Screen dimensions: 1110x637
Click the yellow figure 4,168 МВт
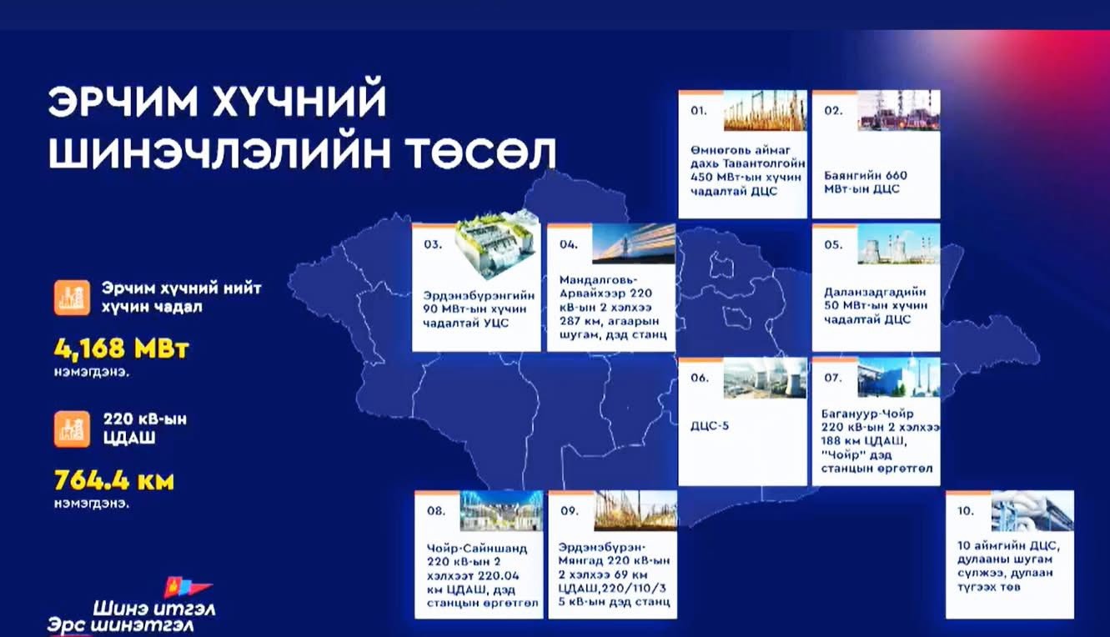[x=122, y=349]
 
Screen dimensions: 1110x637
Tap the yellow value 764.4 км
[x=114, y=481]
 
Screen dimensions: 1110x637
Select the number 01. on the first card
[x=699, y=111]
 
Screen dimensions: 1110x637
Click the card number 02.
[x=833, y=111]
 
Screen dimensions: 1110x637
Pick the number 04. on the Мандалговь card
[x=569, y=244]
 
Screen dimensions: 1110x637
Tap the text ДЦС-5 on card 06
[x=710, y=426]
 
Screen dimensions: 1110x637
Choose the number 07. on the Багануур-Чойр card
[x=833, y=378]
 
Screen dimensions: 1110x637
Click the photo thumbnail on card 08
[x=501, y=511]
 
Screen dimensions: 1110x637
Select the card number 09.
[x=570, y=511]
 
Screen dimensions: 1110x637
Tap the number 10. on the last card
[x=966, y=511]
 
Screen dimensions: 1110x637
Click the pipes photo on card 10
[x=1032, y=511]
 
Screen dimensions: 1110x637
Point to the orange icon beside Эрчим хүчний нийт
[x=73, y=298]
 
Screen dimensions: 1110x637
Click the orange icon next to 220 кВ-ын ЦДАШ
[x=73, y=429]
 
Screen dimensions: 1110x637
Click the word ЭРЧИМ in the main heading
[x=123, y=102]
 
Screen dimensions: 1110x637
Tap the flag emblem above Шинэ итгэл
[x=188, y=588]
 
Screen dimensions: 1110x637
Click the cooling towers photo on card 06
[x=765, y=378]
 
